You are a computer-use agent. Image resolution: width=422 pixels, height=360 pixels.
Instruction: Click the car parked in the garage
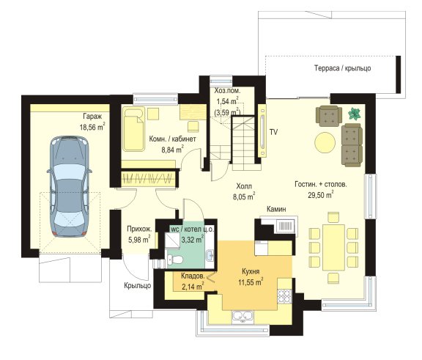[70, 186]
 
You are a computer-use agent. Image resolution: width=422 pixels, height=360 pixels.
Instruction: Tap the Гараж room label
[92, 117]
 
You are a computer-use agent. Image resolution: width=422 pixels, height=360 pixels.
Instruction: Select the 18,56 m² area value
[92, 127]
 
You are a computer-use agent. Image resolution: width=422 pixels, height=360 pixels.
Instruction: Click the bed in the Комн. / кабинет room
[134, 129]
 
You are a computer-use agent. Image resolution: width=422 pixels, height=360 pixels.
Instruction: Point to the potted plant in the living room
[355, 114]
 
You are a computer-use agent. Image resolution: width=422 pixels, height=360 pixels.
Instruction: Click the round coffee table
[325, 142]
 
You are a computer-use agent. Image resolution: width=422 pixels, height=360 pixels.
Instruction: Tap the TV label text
[274, 132]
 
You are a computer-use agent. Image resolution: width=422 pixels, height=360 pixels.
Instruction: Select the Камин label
[276, 209]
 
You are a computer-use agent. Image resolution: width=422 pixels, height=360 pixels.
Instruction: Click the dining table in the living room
[334, 247]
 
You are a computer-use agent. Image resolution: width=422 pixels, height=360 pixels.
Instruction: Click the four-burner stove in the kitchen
[284, 296]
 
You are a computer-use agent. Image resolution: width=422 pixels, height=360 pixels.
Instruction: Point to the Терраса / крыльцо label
[343, 68]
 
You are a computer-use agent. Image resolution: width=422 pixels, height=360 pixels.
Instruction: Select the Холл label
[244, 186]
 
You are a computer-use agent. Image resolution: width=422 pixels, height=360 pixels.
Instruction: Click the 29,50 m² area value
[321, 195]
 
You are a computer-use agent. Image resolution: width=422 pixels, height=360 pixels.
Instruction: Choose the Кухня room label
[251, 271]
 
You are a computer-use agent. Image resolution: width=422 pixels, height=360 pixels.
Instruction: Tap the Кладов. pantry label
[193, 276]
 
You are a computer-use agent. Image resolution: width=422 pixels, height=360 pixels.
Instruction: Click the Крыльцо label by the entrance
[138, 286]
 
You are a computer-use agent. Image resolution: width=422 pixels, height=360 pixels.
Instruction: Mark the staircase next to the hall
[243, 143]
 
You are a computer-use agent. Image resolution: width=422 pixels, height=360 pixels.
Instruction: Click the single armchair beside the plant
[329, 116]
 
